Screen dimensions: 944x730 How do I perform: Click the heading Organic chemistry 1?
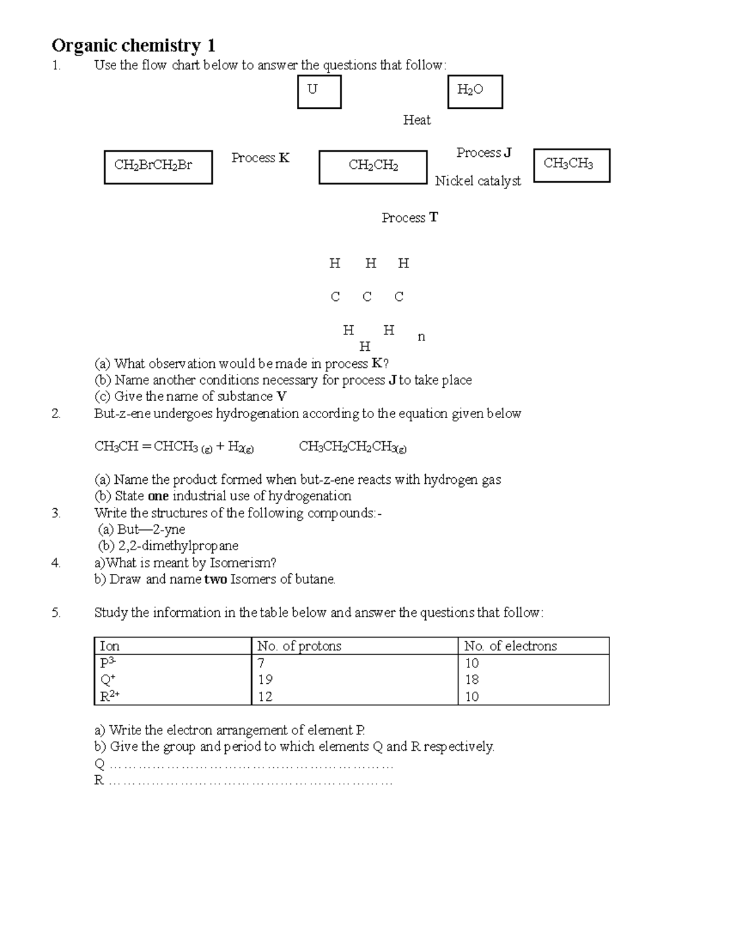tap(133, 46)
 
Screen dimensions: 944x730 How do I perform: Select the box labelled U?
tap(319, 92)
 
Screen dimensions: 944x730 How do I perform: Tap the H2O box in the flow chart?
tap(474, 92)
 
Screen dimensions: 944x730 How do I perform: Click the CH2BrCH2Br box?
tap(158, 167)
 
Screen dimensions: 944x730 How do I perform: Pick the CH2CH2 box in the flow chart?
tap(372, 167)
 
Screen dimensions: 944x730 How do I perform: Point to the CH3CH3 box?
tap(571, 165)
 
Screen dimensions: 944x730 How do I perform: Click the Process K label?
tap(260, 158)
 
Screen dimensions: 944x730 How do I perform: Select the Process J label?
tap(484, 153)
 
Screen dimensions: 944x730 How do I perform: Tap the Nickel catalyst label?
tap(478, 181)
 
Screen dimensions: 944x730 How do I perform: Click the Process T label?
tap(409, 218)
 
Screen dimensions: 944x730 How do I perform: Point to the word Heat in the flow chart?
tap(417, 120)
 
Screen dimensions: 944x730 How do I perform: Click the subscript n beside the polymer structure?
tap(421, 337)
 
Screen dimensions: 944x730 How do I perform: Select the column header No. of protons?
tap(299, 646)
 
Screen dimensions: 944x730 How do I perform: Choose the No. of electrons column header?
tap(510, 646)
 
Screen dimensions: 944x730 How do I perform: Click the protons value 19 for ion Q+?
tap(265, 679)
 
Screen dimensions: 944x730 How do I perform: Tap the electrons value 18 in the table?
tap(471, 679)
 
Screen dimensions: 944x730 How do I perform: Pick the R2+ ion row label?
tap(109, 696)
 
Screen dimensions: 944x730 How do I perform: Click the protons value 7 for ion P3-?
tap(261, 663)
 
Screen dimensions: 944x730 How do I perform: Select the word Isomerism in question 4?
tap(241, 563)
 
